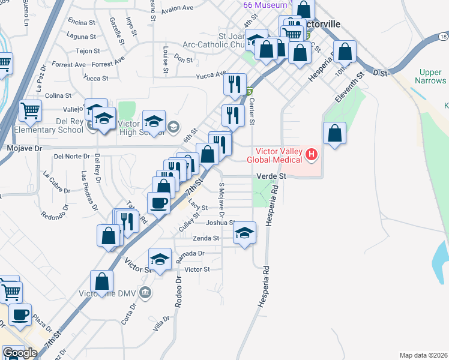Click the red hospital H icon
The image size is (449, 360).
311,155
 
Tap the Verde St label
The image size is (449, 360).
273,176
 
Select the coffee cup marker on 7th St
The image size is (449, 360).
158,203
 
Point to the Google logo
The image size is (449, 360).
20,353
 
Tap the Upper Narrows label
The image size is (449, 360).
432,76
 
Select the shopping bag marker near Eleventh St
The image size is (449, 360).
335,133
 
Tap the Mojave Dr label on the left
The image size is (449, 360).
22,147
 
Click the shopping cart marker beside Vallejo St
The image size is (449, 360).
31,110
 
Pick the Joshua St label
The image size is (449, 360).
220,223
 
